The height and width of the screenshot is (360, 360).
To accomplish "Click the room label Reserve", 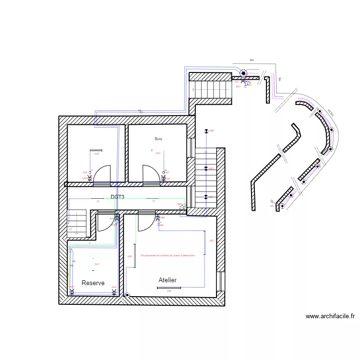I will click(x=93, y=283).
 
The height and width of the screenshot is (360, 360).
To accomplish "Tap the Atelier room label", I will click(x=168, y=280).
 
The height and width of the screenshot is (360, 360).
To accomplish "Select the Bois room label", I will click(x=158, y=139).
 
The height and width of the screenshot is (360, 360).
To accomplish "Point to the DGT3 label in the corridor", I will click(x=118, y=197).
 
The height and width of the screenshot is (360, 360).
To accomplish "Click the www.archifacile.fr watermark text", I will click(x=330, y=316).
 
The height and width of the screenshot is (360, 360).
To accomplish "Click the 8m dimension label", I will click(x=252, y=60).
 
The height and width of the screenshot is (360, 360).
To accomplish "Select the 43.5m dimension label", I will click(x=330, y=113).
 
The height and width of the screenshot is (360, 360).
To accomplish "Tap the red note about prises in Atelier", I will click(x=168, y=255).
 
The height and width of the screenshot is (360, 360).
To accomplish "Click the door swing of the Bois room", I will click(x=151, y=174).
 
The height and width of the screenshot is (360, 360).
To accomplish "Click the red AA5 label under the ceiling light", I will click(x=96, y=154).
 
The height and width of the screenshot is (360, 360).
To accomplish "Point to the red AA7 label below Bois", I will click(x=158, y=153).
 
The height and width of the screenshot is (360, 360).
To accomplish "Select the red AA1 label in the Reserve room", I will click(x=97, y=264).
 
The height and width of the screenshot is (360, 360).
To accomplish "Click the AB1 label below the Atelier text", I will click(x=169, y=291).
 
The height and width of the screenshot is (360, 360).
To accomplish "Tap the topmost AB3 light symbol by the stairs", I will click(x=206, y=131).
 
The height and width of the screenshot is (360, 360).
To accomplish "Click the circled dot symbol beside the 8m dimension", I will click(x=243, y=73).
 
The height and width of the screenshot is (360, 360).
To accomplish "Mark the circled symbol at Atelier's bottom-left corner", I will click(x=127, y=295).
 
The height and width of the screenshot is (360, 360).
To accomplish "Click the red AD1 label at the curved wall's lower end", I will click(x=272, y=206).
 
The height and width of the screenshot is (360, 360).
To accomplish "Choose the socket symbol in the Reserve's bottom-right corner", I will click(x=114, y=291).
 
